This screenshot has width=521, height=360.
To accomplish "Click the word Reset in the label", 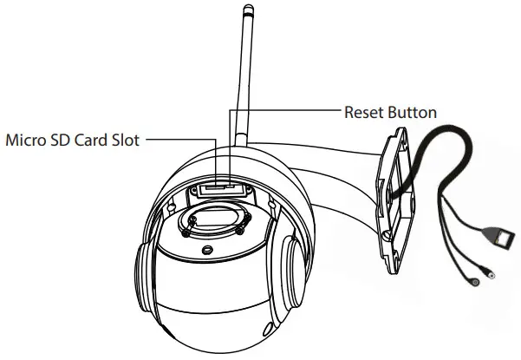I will (365, 112).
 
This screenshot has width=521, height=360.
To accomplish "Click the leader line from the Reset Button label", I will (286, 111).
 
